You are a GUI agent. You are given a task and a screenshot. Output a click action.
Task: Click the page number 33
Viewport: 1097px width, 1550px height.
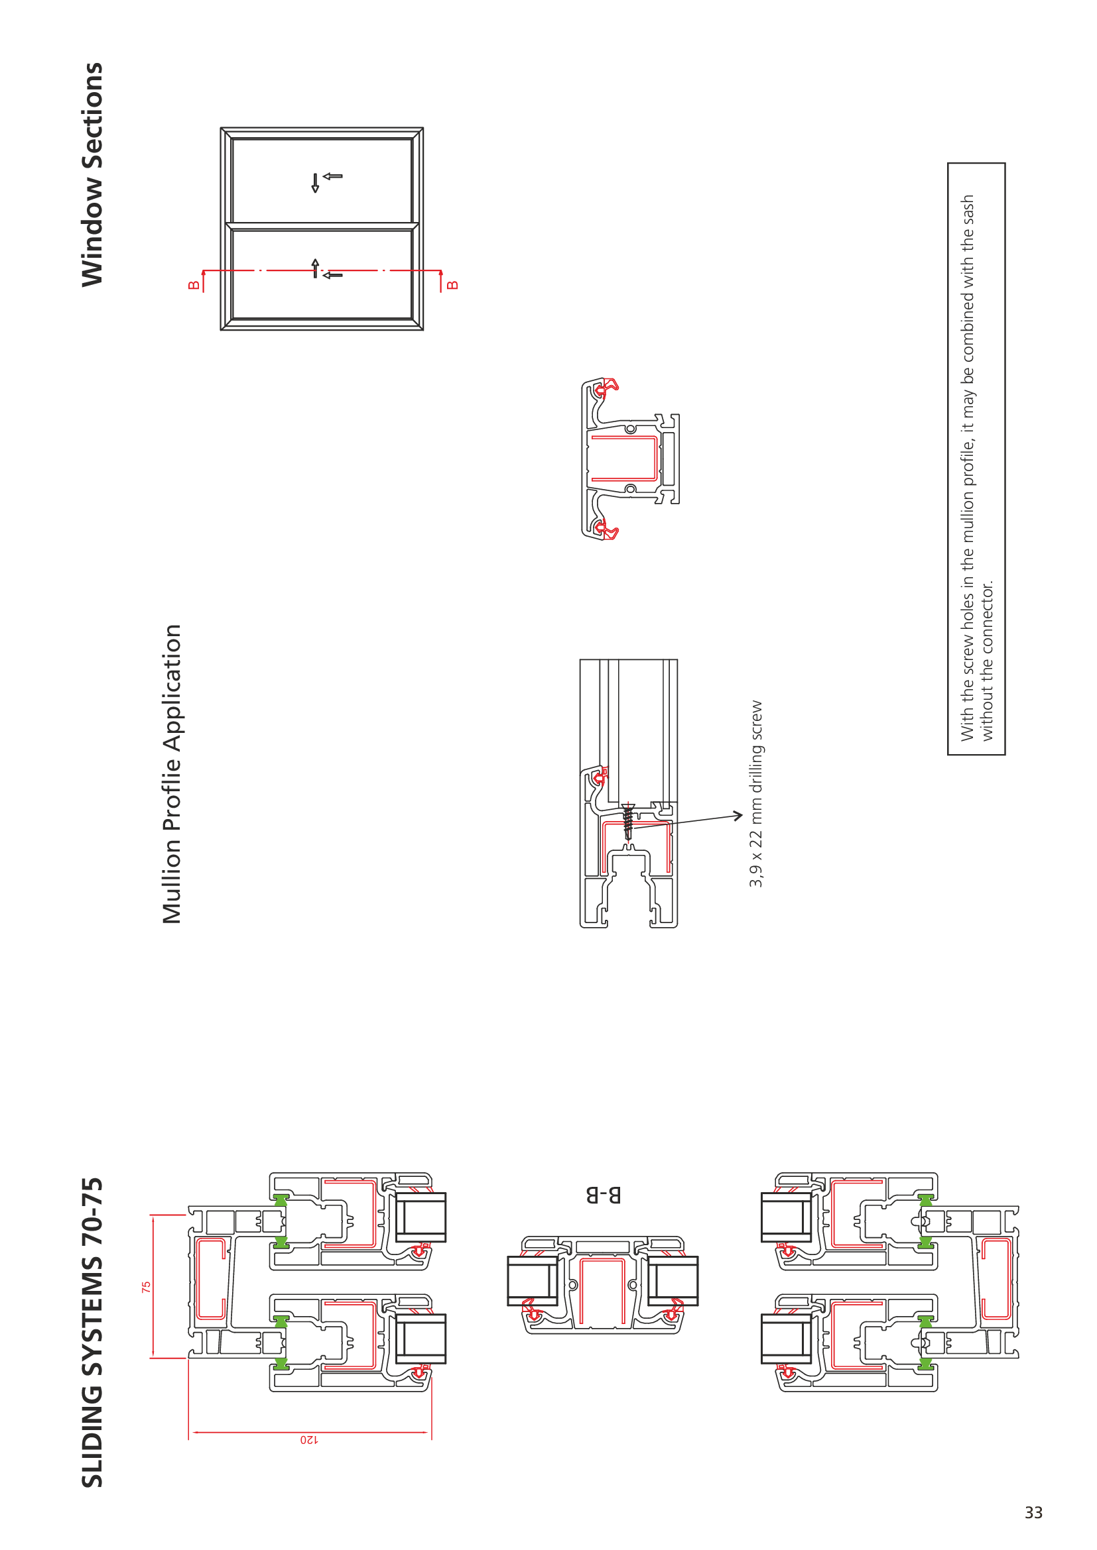pos(1033,1512)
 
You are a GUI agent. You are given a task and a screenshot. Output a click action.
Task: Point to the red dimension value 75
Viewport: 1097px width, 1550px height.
pos(146,1288)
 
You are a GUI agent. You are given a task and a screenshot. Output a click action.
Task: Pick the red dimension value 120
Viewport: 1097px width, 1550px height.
pos(308,1440)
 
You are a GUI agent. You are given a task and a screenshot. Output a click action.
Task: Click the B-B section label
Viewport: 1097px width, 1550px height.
pos(603,1195)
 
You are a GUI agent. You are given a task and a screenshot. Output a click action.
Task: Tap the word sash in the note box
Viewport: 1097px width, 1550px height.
pos(967,210)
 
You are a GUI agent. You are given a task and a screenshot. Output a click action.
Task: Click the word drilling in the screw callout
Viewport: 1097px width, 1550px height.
pos(756,768)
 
